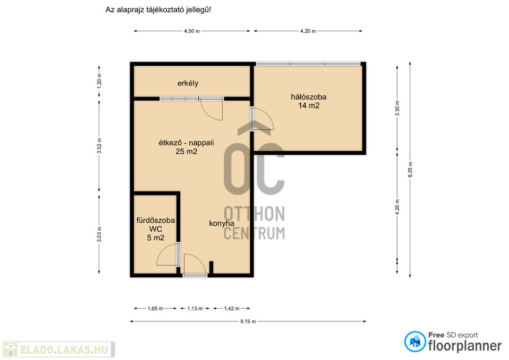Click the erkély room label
click(188, 83)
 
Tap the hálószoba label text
click(309, 96)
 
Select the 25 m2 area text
click(186, 151)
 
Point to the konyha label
click(222, 223)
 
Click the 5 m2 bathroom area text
click(155, 238)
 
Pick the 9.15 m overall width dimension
click(248, 321)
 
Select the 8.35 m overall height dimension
click(410, 170)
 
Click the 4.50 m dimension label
click(192, 31)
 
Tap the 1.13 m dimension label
click(195, 309)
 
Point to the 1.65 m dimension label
click(155, 309)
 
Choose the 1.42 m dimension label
click(232, 309)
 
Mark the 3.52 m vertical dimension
click(99, 146)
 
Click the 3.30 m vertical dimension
click(397, 108)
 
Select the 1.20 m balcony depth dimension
click(99, 81)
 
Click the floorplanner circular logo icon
click(415, 341)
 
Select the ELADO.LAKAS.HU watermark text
click(64, 349)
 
